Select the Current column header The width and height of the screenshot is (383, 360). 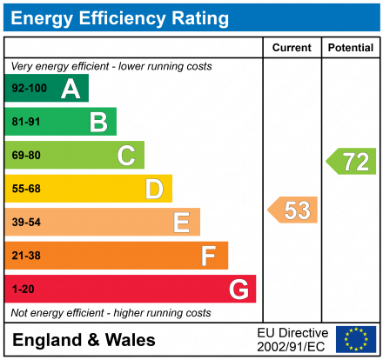pyautogui.click(x=292, y=48)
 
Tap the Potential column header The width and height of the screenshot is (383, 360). pyautogui.click(x=351, y=48)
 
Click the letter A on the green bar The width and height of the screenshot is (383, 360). pyautogui.click(x=70, y=89)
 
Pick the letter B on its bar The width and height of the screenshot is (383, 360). pyautogui.click(x=98, y=123)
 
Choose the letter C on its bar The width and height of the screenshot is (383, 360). pyautogui.click(x=126, y=156)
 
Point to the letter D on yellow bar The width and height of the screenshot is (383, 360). pyautogui.click(x=154, y=189)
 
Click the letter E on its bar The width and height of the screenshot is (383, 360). pyautogui.click(x=181, y=223)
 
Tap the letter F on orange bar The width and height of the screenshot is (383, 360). pyautogui.click(x=209, y=256)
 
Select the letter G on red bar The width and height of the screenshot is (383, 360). pyautogui.click(x=238, y=289)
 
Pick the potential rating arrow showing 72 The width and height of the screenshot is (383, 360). pyautogui.click(x=352, y=161)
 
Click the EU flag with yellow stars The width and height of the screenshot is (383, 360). pyautogui.click(x=356, y=339)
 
